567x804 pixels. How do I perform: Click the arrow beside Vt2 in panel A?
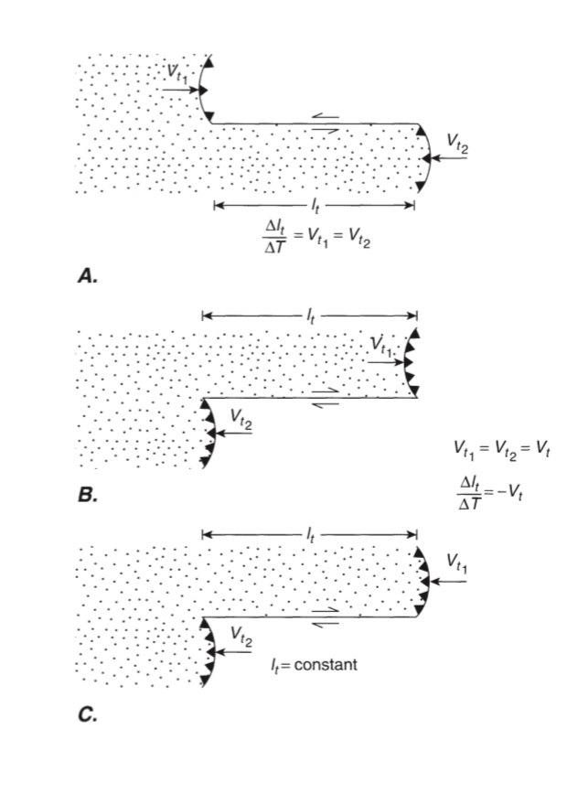451,158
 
